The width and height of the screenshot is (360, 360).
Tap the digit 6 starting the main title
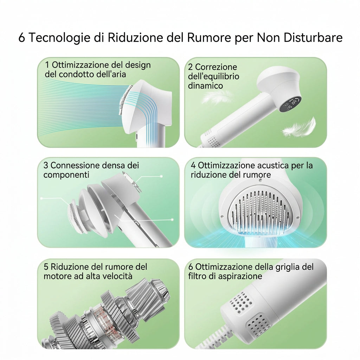pyautogui.click(x=21, y=37)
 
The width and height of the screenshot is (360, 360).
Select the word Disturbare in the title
pyautogui.click(x=313, y=37)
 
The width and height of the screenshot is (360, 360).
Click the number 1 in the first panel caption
pyautogui.click(x=47, y=65)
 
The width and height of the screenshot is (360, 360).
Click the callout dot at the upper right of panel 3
pyautogui.click(x=161, y=176)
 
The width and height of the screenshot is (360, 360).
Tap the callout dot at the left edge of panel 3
pyautogui.click(x=41, y=198)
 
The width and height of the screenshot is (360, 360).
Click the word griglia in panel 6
pyautogui.click(x=284, y=267)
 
